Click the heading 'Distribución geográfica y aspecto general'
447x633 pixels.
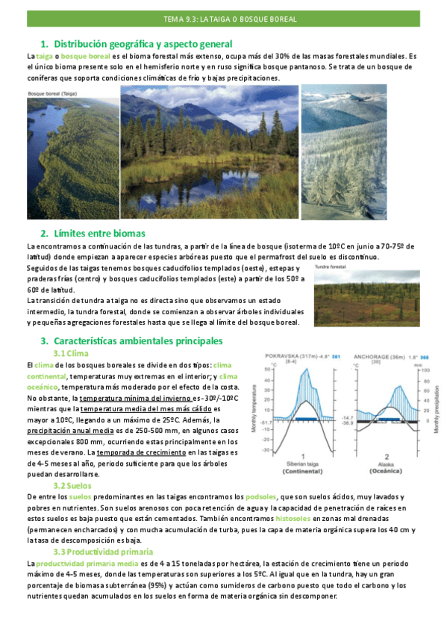143,44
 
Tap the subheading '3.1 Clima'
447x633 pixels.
72,353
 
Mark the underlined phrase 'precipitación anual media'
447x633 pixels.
69,431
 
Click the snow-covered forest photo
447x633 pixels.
344,152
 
